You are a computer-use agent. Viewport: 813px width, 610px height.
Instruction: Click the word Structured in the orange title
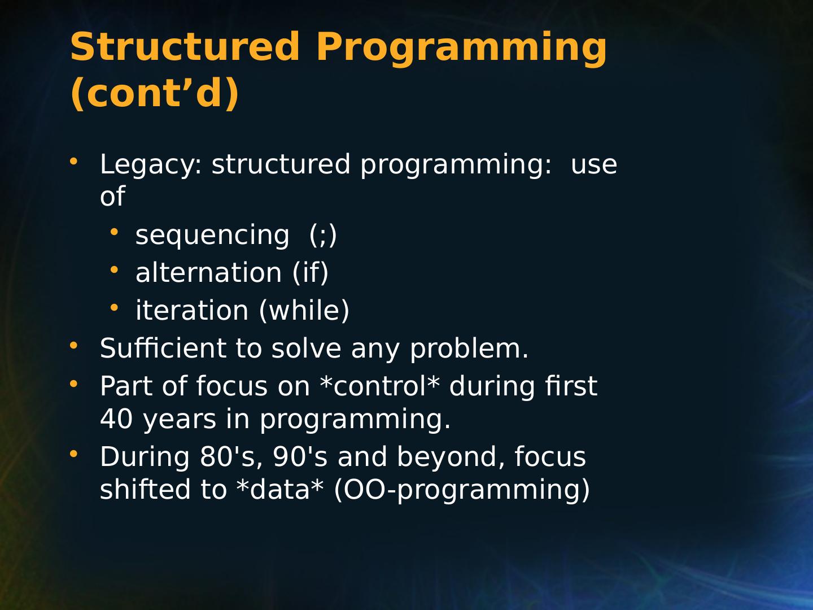185,47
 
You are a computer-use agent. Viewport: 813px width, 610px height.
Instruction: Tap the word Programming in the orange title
461,50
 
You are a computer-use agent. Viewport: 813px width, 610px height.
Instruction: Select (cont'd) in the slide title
155,93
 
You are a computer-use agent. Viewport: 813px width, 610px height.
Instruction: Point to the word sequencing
212,236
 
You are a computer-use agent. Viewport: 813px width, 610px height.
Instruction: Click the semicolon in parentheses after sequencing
323,236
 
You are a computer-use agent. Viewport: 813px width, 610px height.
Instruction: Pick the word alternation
208,273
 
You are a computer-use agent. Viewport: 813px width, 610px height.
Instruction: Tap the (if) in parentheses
311,273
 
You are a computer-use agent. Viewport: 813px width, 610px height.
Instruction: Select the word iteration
192,311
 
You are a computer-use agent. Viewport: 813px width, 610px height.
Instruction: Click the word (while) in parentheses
304,311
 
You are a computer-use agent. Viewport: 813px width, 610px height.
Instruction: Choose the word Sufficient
163,348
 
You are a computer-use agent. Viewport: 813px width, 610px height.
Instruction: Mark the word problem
469,349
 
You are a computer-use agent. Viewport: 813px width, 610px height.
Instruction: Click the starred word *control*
379,386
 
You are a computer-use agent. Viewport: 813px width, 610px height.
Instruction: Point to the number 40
116,420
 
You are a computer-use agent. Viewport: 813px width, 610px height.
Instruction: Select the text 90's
300,457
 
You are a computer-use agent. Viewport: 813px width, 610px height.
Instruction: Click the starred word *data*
279,489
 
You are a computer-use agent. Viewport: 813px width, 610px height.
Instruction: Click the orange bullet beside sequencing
114,232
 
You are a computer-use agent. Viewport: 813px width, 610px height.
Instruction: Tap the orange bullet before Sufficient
73,345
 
